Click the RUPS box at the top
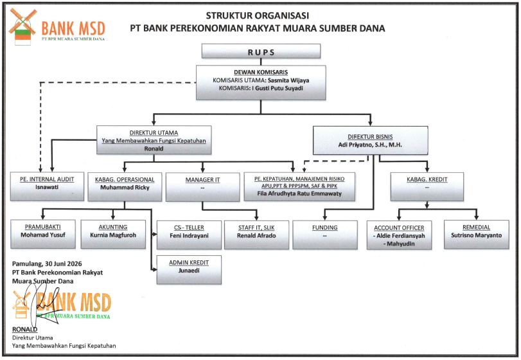[261, 51]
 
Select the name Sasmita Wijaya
[288, 80]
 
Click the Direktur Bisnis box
[370, 140]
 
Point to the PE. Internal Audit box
[47, 186]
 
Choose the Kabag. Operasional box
[125, 187]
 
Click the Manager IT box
[202, 187]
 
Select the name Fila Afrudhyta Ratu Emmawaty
[299, 194]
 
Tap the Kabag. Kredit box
[427, 187]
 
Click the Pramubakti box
[43, 234]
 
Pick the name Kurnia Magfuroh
[113, 235]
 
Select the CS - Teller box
[189, 235]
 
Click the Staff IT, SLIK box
[256, 235]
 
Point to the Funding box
[324, 235]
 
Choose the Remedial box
[476, 235]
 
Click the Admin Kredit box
[189, 270]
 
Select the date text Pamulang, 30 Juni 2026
[47, 264]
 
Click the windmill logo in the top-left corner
[22, 26]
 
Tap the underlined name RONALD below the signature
[24, 329]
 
